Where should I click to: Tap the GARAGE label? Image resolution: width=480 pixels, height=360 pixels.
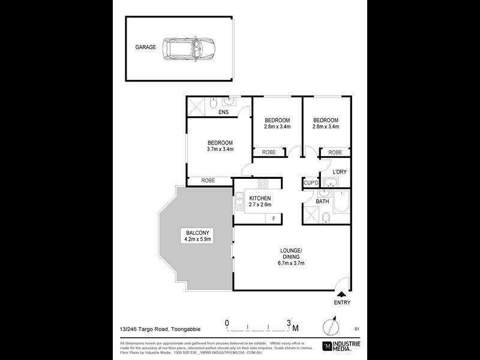pyautogui.click(x=145, y=47)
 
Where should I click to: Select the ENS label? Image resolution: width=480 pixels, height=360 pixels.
pyautogui.click(x=223, y=112)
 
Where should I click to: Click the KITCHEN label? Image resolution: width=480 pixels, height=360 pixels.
pyautogui.click(x=260, y=198)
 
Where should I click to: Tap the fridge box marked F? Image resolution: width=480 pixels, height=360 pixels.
pyautogui.click(x=274, y=218)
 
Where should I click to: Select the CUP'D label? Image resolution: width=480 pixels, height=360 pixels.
pyautogui.click(x=310, y=182)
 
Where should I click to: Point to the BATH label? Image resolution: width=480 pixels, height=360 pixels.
pyautogui.click(x=323, y=201)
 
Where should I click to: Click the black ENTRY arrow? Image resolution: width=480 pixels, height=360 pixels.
pyautogui.click(x=342, y=294)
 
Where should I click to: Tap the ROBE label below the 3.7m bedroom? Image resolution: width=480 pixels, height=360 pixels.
pyautogui.click(x=208, y=180)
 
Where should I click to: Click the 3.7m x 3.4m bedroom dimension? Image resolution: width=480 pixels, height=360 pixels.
pyautogui.click(x=220, y=149)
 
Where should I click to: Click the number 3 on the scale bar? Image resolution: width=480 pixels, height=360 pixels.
pyautogui.click(x=289, y=323)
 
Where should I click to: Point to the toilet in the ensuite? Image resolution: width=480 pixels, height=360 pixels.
pyautogui.click(x=214, y=105)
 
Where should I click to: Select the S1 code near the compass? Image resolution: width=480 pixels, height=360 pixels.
pyautogui.click(x=356, y=329)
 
